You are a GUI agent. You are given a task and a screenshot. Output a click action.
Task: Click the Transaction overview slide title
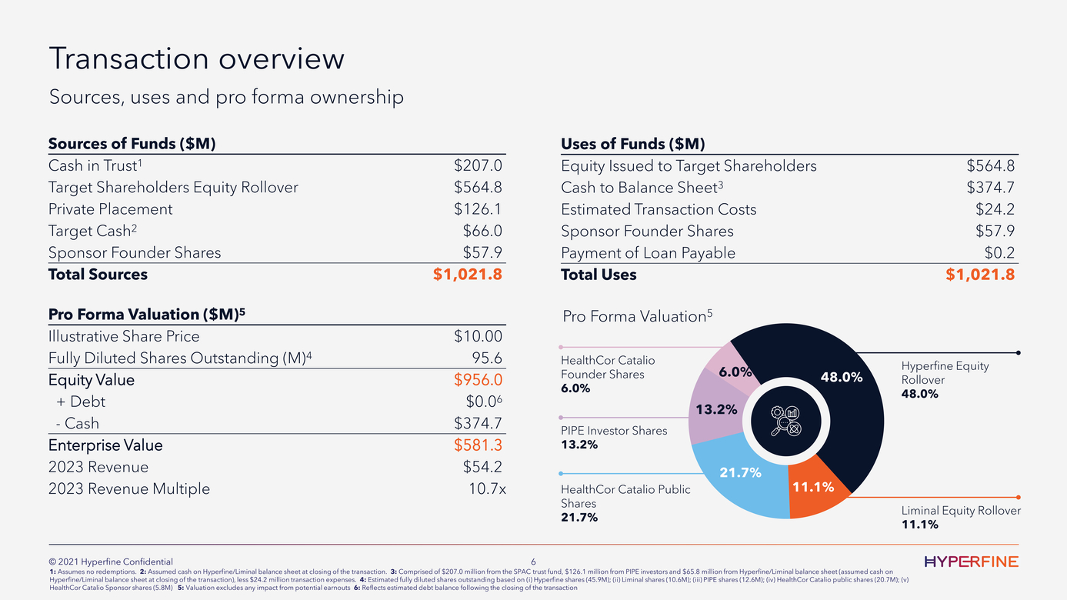(196, 59)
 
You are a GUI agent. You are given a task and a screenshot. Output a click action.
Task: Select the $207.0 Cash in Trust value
(478, 165)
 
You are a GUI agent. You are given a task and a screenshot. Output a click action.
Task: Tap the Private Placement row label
(110, 209)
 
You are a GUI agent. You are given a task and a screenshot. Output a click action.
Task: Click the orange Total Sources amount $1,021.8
(468, 275)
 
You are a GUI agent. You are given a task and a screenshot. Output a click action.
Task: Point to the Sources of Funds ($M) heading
(131, 144)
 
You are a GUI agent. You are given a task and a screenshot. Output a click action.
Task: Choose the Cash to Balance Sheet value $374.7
(991, 188)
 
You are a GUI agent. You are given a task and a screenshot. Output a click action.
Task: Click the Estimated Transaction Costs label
(659, 209)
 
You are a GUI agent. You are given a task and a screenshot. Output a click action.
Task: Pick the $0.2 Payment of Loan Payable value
(999, 253)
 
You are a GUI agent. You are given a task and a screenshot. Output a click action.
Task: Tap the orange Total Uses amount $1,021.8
(980, 275)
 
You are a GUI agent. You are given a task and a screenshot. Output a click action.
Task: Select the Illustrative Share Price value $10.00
(478, 336)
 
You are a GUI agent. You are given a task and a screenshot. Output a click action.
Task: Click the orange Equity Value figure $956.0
(478, 380)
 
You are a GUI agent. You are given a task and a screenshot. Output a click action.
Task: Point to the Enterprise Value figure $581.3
(478, 445)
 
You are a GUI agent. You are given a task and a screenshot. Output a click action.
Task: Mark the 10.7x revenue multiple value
(487, 489)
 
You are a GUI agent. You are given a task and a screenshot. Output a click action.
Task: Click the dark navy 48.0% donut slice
(839, 385)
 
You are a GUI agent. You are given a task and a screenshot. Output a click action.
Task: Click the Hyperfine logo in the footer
(972, 562)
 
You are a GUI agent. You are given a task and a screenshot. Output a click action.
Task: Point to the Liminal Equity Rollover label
(961, 511)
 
